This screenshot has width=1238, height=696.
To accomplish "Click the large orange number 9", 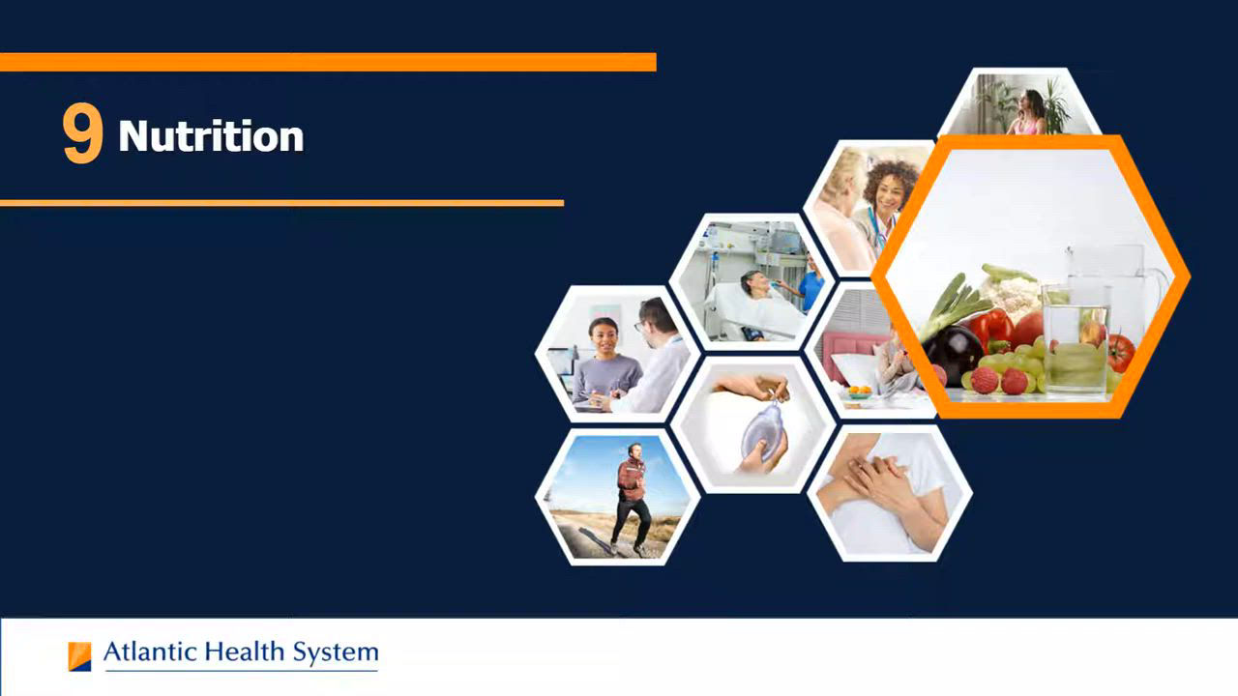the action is [x=82, y=133].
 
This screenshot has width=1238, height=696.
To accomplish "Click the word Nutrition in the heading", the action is [x=211, y=136].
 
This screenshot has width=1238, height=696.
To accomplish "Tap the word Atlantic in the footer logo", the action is [x=150, y=652].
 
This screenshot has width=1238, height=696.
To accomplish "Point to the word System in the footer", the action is [x=336, y=653].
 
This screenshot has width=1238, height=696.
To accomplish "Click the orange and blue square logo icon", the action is [x=79, y=656].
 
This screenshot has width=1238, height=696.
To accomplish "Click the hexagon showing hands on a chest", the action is [x=890, y=493].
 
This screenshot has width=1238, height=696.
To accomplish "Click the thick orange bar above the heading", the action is [x=328, y=62].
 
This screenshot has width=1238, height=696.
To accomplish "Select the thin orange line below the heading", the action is [x=281, y=203].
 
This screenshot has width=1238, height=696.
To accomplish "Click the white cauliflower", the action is [x=1016, y=296].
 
